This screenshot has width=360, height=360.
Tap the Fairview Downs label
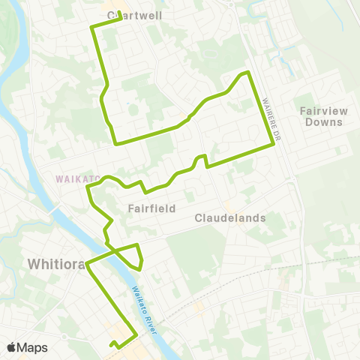(x=323, y=115)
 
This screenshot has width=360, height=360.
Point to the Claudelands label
(x=230, y=218)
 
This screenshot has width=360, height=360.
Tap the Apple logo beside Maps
(x=12, y=347)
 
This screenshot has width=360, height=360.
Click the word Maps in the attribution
(x=31, y=347)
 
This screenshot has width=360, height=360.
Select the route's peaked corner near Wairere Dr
(x=247, y=72)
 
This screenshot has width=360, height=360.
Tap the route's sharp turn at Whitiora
(x=88, y=264)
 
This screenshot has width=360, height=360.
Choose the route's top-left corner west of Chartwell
(x=91, y=27)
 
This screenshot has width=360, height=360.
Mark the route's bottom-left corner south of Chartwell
(x=115, y=142)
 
